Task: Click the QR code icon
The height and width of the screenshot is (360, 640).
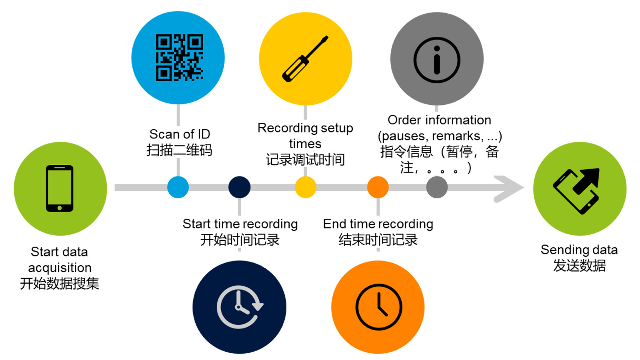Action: [x=179, y=58]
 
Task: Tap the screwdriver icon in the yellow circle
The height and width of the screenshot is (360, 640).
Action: [x=305, y=59]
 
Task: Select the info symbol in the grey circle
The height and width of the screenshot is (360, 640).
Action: [x=436, y=60]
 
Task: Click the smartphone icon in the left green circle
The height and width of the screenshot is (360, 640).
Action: [x=60, y=188]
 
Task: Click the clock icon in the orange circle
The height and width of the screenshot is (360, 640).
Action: [x=378, y=307]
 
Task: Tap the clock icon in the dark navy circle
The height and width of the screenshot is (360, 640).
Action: [x=240, y=307]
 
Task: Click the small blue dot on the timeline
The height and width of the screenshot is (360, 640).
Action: [x=178, y=187]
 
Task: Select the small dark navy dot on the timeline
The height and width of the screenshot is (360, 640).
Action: [x=239, y=187]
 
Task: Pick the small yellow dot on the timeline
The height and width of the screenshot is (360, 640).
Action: [x=306, y=187]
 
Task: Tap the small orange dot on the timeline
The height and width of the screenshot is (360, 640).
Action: [x=378, y=187]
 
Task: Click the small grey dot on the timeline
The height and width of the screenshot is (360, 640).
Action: [x=437, y=187]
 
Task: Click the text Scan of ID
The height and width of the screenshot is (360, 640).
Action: [x=180, y=134]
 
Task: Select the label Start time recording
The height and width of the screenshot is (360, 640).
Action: [x=240, y=224]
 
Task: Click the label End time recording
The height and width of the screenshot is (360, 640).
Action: [x=378, y=224]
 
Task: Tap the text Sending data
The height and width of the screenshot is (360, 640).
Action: [x=579, y=250]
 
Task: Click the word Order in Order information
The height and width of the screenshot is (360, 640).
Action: [x=404, y=120]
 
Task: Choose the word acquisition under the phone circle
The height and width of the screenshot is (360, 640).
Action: [x=60, y=268]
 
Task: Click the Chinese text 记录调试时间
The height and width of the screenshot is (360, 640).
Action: [x=305, y=160]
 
